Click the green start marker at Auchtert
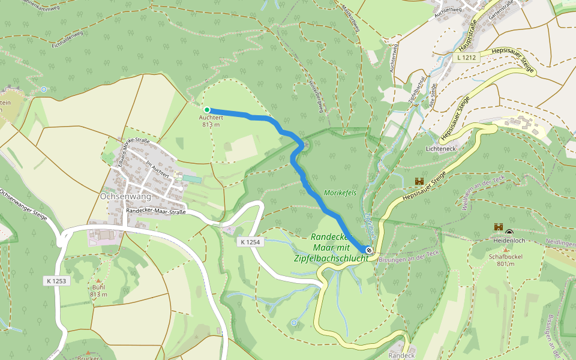[x=207, y=110]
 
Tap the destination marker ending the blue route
[x=370, y=250]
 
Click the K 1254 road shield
[x=250, y=242]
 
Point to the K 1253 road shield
[x=56, y=280]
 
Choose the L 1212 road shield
[x=466, y=58]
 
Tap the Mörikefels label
[x=340, y=193]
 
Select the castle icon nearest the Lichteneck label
[x=419, y=181]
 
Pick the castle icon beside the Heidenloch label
[x=497, y=227]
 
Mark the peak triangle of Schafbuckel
[x=505, y=249]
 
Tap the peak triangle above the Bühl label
[x=98, y=280]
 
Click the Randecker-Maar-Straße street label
[x=155, y=212]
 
